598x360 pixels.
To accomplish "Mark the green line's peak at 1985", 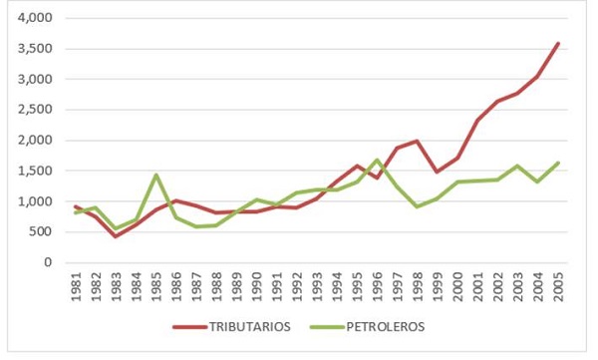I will coord(156,175).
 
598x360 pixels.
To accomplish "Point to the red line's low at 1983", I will coord(117,235).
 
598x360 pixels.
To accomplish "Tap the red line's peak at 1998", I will coord(417,141).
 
